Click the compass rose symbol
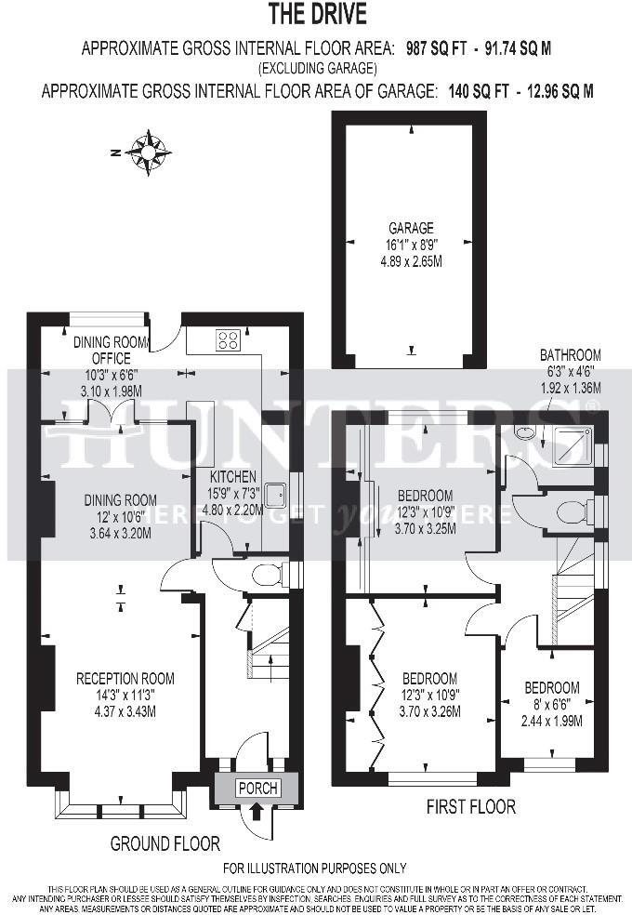(148, 152)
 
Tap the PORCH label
(257, 788)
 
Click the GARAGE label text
(411, 228)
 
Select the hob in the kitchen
(229, 340)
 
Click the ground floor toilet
(268, 575)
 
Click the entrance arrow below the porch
(257, 812)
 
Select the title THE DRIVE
(317, 14)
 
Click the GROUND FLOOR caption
(165, 844)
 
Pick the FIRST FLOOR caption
(470, 806)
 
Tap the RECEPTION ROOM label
(125, 679)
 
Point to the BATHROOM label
(571, 354)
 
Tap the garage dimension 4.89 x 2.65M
(410, 262)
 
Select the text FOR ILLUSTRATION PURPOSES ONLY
(315, 869)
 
